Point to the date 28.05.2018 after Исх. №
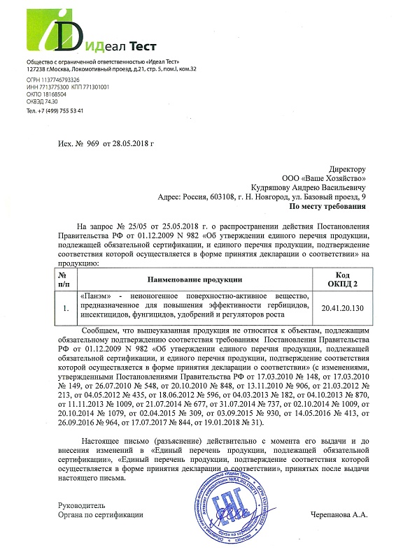pyautogui.click(x=131, y=143)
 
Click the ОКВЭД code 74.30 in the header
pyautogui.click(x=52, y=101)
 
